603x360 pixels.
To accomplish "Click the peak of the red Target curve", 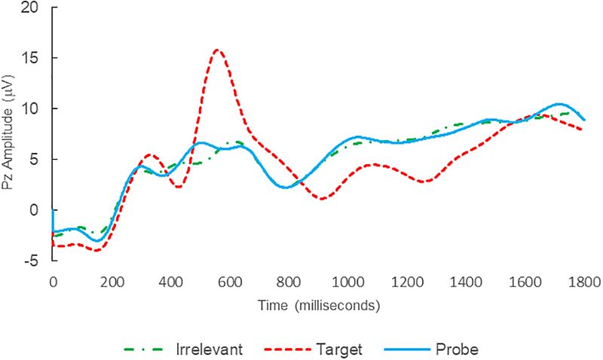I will (217, 50).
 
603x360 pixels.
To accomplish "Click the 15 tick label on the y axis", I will (30, 58).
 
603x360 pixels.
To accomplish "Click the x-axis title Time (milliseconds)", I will (317, 306).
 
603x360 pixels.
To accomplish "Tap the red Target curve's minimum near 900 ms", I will (323, 199).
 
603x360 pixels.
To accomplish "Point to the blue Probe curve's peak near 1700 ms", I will (559, 104).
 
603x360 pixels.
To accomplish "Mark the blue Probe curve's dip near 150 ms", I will (96, 241).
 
